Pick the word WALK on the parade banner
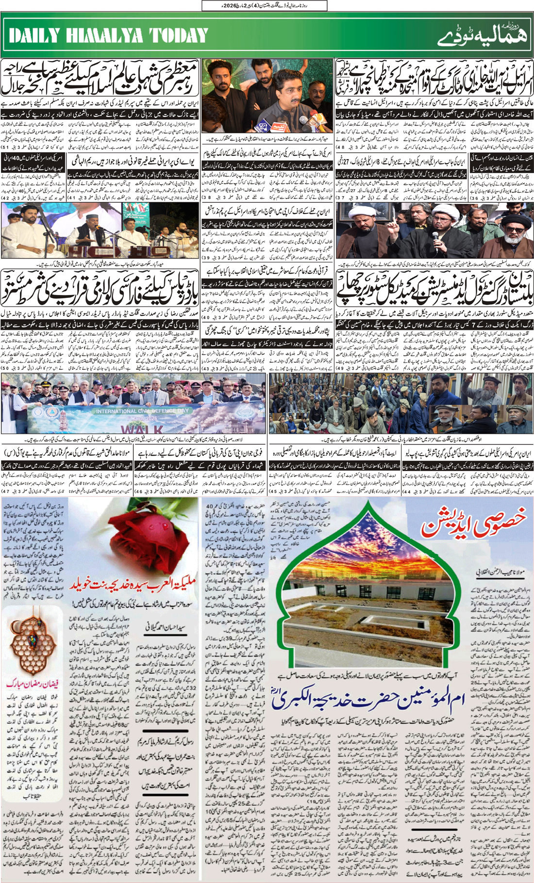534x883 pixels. pyautogui.click(x=141, y=429)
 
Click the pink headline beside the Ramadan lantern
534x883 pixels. pyautogui.click(x=32, y=684)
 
